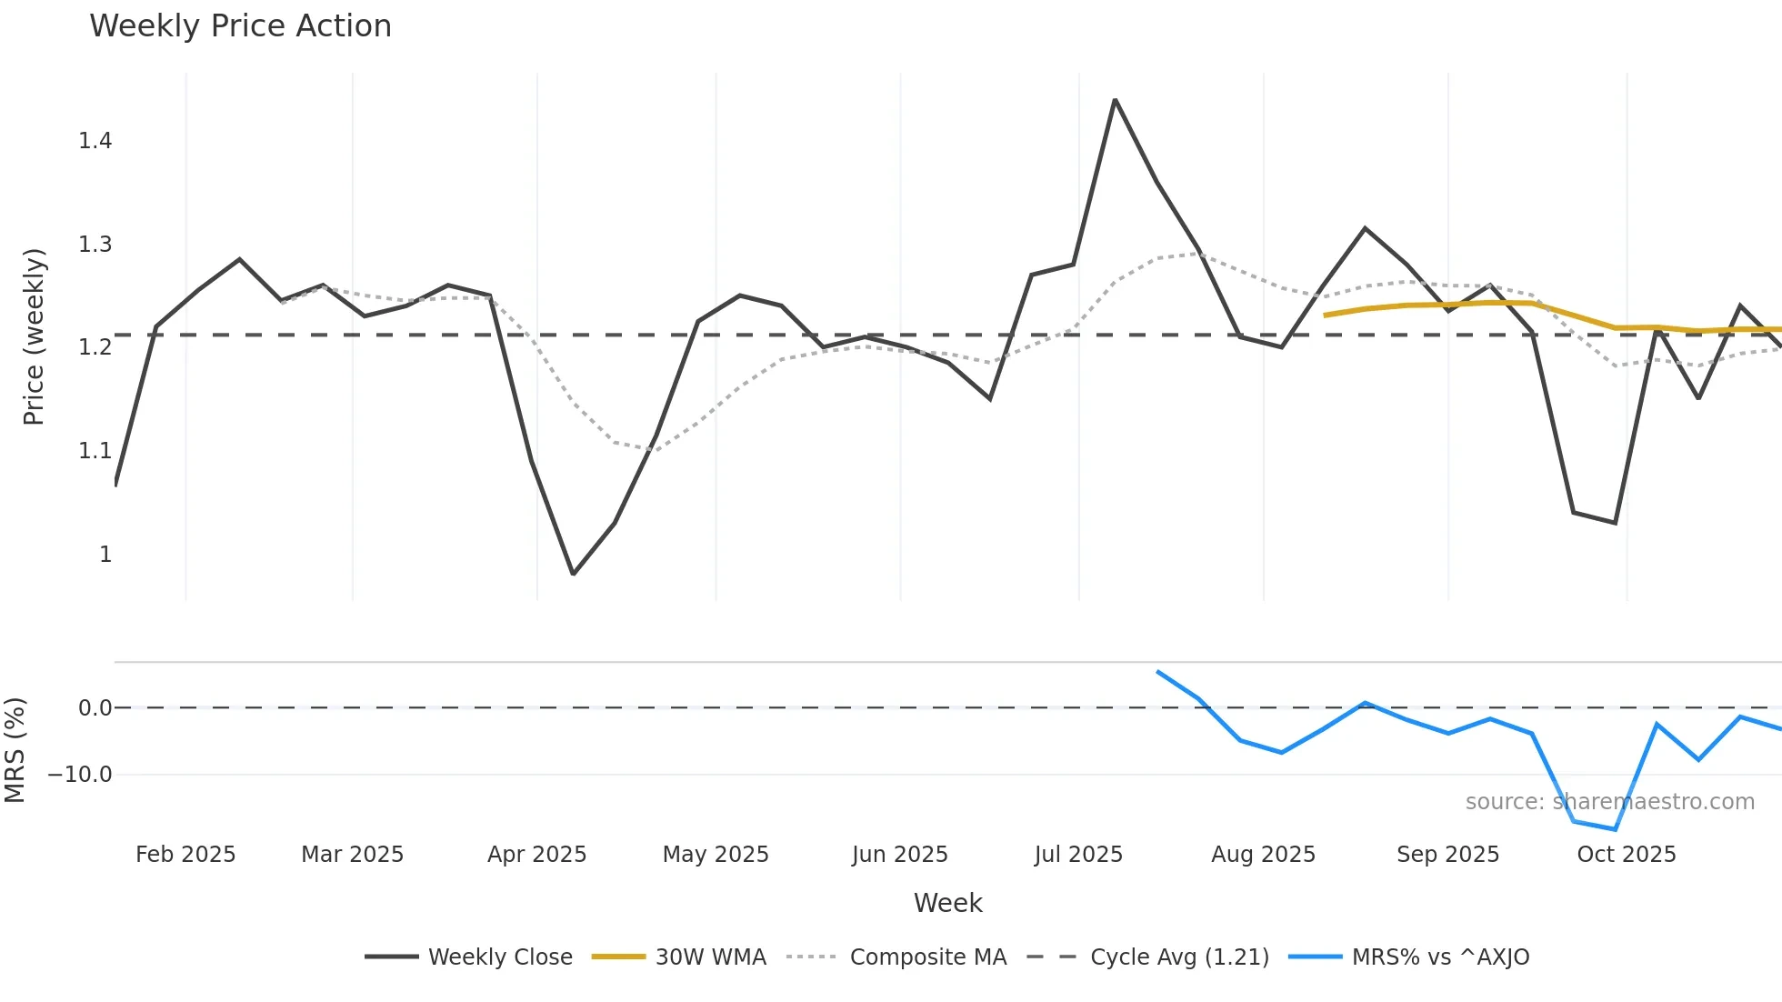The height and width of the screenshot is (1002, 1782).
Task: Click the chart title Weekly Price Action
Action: [x=240, y=26]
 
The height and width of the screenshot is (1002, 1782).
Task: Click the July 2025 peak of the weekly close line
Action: [x=1115, y=100]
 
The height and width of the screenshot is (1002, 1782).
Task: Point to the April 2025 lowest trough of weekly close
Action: [x=573, y=574]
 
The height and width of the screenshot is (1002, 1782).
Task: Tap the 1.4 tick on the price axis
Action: [x=95, y=141]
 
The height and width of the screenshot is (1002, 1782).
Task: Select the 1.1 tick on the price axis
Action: [x=95, y=451]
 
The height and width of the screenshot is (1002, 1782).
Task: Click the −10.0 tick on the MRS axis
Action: [x=80, y=775]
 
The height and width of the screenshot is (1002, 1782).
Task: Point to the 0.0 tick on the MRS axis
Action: [x=95, y=708]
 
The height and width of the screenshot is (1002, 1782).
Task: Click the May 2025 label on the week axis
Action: [x=716, y=855]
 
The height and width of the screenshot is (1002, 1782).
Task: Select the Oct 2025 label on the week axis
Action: [x=1627, y=855]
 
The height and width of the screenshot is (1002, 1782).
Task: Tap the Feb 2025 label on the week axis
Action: [x=185, y=855]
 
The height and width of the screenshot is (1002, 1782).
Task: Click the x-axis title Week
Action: [x=947, y=903]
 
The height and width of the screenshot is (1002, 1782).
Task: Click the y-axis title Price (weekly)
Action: [x=34, y=336]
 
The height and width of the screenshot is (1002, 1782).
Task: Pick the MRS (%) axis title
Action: [x=15, y=750]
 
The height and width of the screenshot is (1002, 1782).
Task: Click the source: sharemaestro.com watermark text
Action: [x=1609, y=802]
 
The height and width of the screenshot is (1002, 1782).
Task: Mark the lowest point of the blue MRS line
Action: [x=1616, y=829]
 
